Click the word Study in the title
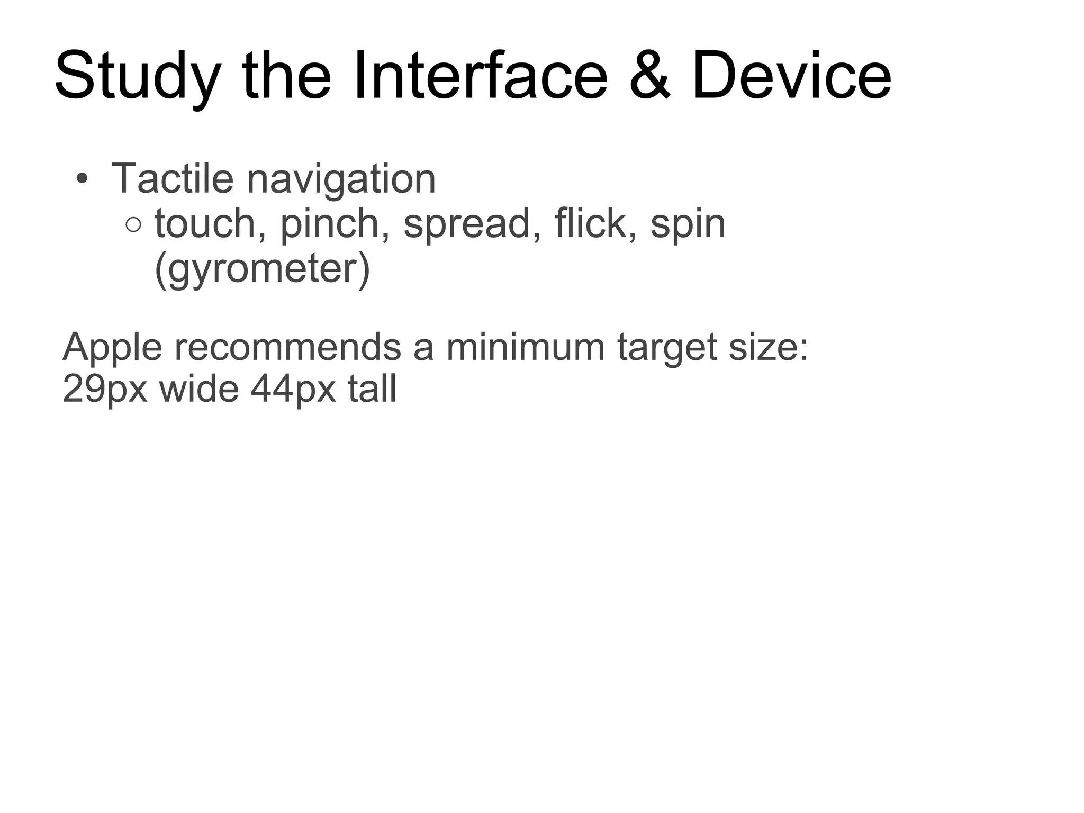pyautogui.click(x=137, y=77)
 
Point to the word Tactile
pyautogui.click(x=173, y=178)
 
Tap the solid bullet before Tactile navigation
pyautogui.click(x=81, y=178)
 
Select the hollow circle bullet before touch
pyautogui.click(x=134, y=225)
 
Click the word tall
pyautogui.click(x=372, y=389)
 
